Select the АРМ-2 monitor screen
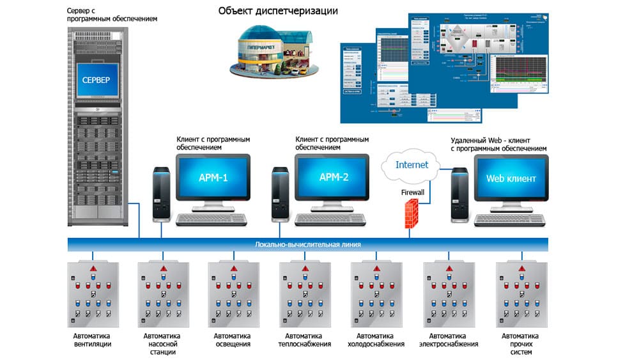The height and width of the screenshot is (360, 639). (332, 177)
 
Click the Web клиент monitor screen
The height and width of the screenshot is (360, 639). (511, 178)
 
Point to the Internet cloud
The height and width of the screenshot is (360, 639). (412, 166)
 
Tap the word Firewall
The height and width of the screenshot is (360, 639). (413, 191)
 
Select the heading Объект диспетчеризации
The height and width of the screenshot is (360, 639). (278, 11)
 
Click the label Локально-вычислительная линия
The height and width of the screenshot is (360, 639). (307, 244)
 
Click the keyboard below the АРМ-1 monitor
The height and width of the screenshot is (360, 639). (212, 219)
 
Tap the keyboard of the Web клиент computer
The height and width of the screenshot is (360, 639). (509, 219)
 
